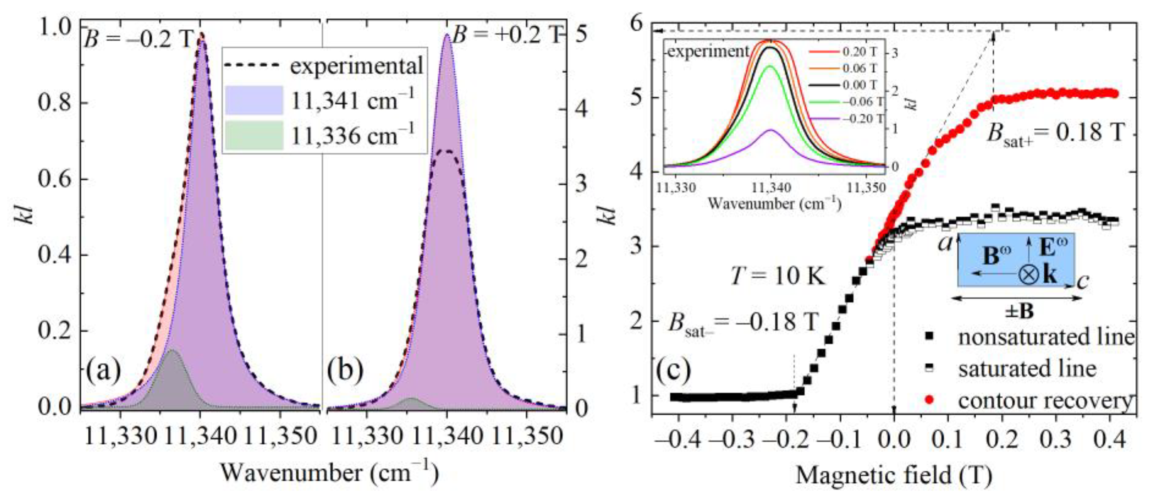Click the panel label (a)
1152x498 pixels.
[103, 371]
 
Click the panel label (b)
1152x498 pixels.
[345, 371]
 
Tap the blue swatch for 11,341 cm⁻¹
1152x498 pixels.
[254, 100]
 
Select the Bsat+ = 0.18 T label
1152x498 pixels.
[1055, 134]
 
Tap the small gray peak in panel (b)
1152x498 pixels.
[410, 399]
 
